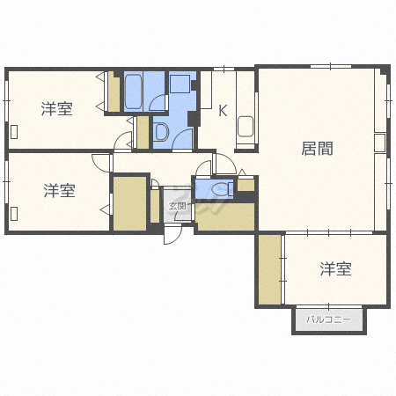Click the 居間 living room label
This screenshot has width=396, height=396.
(x=317, y=149)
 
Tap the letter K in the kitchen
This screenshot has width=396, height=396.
(x=223, y=111)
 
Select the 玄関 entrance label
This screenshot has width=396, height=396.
(x=177, y=206)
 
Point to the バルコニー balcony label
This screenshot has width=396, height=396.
(x=328, y=319)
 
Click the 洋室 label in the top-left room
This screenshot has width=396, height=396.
(x=56, y=108)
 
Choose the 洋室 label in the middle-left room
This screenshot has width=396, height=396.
(x=59, y=190)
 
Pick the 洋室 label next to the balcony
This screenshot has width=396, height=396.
(x=335, y=269)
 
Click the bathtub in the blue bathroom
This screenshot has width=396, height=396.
(x=133, y=92)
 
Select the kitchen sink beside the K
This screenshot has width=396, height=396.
(x=246, y=127)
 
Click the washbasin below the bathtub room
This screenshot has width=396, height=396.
(x=161, y=132)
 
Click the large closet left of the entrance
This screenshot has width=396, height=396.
(x=129, y=203)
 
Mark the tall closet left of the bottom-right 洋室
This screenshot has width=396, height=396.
(x=270, y=269)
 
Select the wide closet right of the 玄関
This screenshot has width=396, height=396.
(x=226, y=216)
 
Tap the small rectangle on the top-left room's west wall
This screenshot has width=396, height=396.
(x=14, y=132)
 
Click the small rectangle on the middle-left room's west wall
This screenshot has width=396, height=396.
(x=14, y=214)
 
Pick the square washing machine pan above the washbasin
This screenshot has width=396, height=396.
(x=180, y=84)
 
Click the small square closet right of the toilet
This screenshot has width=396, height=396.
(x=246, y=185)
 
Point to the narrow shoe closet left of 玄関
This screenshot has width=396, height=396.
(x=155, y=206)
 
